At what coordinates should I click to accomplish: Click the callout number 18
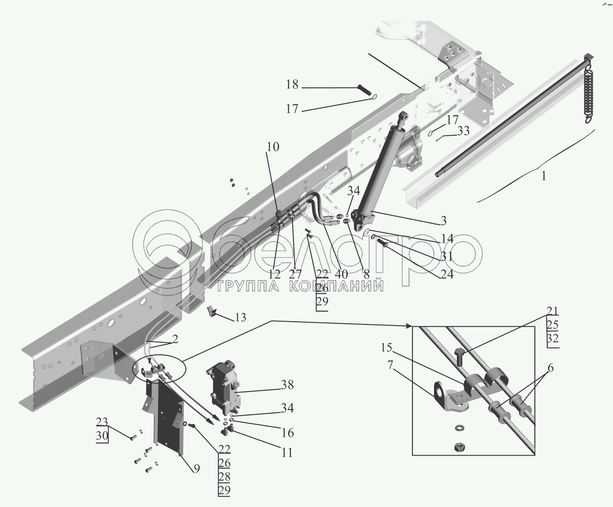point(292,84)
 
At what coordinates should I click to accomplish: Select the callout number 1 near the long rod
point(544,176)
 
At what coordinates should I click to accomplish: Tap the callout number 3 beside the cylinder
point(443,221)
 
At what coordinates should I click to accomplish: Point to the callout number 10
point(273,147)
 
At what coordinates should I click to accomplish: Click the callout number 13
point(240,318)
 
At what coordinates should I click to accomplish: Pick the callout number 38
point(287,385)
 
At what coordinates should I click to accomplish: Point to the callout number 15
point(387,348)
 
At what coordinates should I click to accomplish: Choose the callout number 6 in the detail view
point(550,368)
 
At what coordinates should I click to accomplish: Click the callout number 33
point(463,131)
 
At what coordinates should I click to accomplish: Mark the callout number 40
point(341,274)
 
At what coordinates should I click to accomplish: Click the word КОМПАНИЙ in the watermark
point(336,286)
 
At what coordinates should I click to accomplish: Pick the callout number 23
point(102,422)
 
